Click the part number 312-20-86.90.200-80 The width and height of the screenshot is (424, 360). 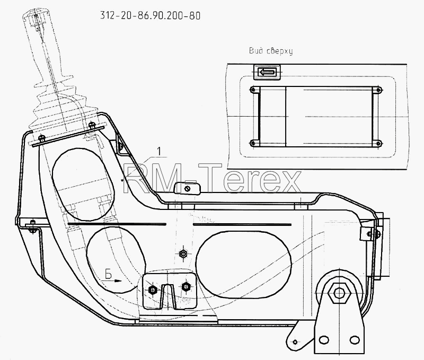click(151, 16)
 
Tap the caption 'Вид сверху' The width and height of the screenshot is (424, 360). click(271, 51)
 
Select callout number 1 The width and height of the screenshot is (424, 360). click(159, 151)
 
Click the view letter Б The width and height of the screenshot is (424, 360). click(109, 275)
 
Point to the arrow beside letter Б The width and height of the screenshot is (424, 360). click(112, 281)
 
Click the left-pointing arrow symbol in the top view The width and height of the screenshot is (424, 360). click(267, 72)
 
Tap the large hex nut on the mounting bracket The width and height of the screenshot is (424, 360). click(339, 293)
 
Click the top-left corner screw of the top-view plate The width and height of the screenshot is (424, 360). click(253, 90)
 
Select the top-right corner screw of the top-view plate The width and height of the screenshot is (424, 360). click(379, 90)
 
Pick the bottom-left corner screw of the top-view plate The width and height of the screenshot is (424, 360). click(253, 143)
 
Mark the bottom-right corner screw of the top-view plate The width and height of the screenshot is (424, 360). click(379, 143)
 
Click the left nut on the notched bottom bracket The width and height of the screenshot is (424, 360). click(153, 290)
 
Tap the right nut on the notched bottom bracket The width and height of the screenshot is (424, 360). click(185, 286)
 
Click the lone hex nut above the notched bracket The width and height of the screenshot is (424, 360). click(183, 254)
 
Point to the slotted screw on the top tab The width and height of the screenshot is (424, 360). click(187, 189)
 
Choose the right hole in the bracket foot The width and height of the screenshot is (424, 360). click(354, 340)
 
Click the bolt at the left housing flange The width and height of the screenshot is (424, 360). click(33, 226)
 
